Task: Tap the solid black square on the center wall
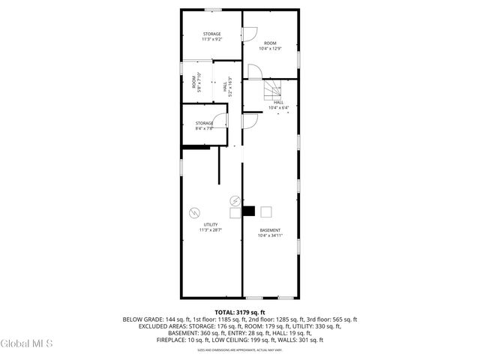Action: [x=249, y=211]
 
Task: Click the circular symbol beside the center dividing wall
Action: [x=235, y=200]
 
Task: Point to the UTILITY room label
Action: [x=211, y=225]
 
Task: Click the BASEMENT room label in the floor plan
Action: [x=270, y=230]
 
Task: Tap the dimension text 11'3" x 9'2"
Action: [x=212, y=40]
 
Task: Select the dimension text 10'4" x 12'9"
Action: [x=270, y=49]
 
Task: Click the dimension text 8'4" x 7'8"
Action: [x=205, y=128]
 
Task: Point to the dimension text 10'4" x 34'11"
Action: [x=270, y=236]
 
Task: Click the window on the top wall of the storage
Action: [x=213, y=10]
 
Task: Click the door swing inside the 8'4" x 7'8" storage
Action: [x=220, y=121]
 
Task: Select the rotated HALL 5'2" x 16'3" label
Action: [x=227, y=86]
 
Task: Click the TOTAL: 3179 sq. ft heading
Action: [x=240, y=312]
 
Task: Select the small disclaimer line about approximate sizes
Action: [x=240, y=350]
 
